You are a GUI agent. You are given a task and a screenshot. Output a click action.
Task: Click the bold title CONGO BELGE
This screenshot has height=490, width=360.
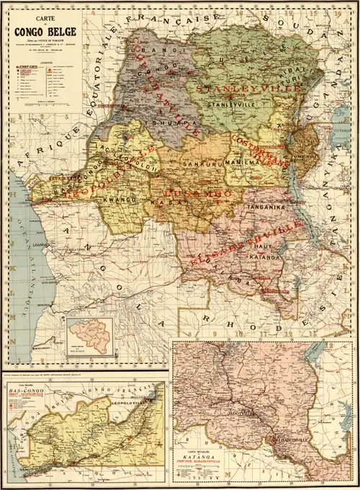click(x=40, y=30)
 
